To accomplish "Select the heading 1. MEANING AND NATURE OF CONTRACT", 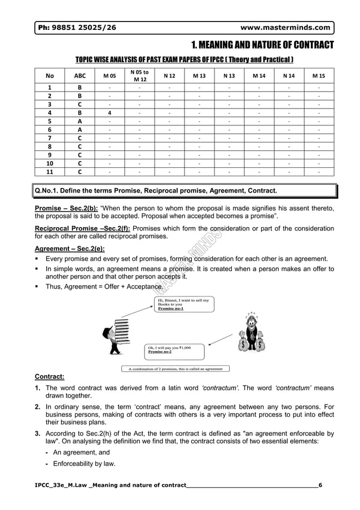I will tap(262, 45).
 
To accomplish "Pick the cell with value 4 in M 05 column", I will tap(109, 112).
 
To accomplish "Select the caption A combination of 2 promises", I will tap(176, 369).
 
